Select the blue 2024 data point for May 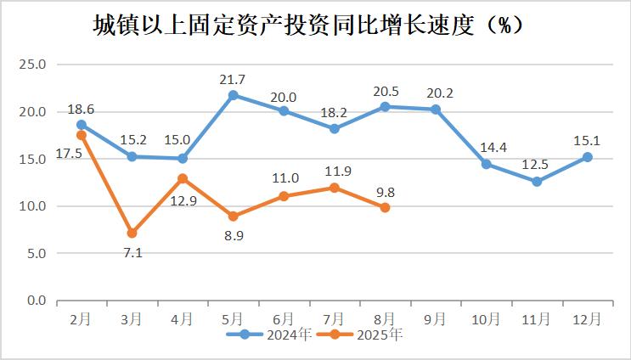tap(234, 95)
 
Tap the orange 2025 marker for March tap(132, 233)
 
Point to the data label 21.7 tap(234, 79)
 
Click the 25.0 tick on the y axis tap(31, 65)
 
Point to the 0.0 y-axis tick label tap(35, 301)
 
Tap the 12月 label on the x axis tap(587, 318)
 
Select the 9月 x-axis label tap(436, 318)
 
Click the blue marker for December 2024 tap(587, 157)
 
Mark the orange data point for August tap(385, 207)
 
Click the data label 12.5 tap(536, 166)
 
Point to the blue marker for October tap(486, 164)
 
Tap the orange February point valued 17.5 tap(82, 135)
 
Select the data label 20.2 tap(436, 93)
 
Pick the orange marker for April tap(183, 178)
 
